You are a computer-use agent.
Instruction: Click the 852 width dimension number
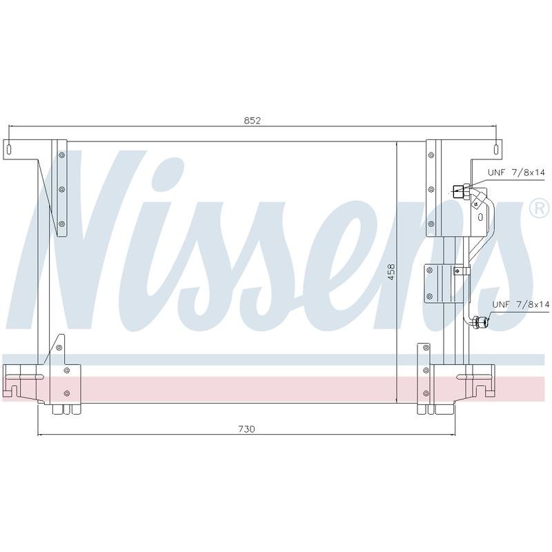click(x=252, y=121)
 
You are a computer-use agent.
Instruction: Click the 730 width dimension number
click(x=246, y=429)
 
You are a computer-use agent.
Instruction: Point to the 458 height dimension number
click(x=391, y=272)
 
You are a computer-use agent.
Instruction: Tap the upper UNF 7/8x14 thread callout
click(x=516, y=172)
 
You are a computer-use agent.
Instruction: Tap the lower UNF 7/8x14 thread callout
click(x=521, y=304)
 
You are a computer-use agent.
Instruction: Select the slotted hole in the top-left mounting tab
click(x=9, y=149)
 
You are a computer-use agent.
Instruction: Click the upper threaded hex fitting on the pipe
click(x=461, y=193)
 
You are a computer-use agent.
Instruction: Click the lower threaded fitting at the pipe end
click(x=480, y=322)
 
